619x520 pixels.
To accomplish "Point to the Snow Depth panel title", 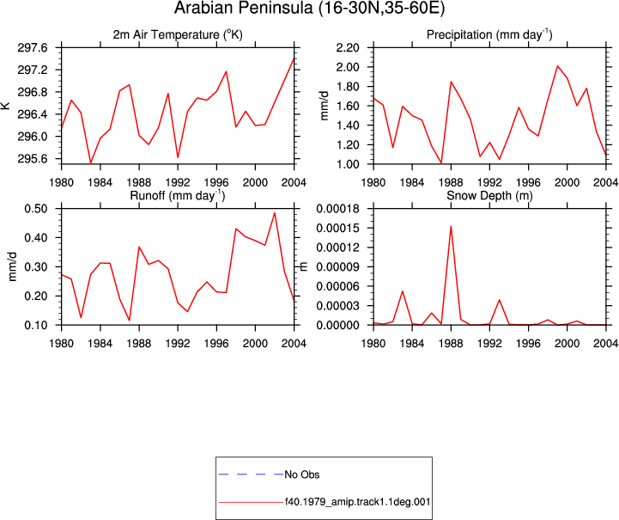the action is pos(489,196).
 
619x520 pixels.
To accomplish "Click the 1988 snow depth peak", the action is pos(451,226).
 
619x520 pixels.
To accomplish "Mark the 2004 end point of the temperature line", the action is pos(294,58).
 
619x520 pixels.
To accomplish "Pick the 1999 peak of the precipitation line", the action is pos(557,66).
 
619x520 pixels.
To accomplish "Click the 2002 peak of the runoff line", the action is pos(275,213).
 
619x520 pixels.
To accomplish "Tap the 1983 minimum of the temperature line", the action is pos(90,162).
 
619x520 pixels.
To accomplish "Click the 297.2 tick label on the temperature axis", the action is pos(33,70).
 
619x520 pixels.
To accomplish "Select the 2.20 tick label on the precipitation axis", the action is pos(348,48).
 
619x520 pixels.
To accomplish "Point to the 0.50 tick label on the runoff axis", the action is pos(36,209).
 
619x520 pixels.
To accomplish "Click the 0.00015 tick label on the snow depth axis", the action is pos(338,228).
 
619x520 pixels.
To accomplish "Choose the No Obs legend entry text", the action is pos(302,474).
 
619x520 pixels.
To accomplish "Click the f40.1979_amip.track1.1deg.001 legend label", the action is pos(357,502).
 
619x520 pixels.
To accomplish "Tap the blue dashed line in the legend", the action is pos(251,474).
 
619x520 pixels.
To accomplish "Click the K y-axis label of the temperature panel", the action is pos(5,106).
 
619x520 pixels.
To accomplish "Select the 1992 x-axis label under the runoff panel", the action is pos(178,344).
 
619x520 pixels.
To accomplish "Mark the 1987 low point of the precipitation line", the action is pos(441,162).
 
